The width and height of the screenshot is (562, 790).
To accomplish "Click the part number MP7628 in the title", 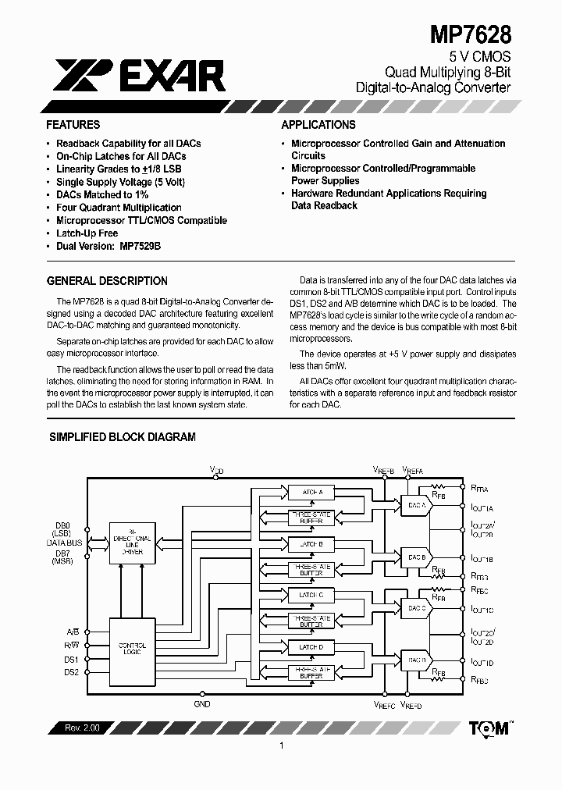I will [471, 34].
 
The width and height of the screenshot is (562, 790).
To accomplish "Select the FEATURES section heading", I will [73, 125].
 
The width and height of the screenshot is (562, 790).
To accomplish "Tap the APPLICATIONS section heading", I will [318, 125].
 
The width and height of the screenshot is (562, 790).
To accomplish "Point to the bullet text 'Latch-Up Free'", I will [87, 233].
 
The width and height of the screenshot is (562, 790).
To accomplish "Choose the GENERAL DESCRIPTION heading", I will [107, 281].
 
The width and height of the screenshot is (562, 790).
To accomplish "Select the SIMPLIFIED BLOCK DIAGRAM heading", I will [123, 437].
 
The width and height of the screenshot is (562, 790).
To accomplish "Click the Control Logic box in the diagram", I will [131, 649].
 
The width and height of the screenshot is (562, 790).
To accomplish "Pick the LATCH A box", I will [311, 492].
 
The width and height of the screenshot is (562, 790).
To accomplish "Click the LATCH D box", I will [311, 647].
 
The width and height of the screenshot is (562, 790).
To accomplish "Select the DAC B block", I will [416, 557].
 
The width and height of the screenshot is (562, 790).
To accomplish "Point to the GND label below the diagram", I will [203, 703].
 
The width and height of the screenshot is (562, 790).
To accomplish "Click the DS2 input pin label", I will [71, 672].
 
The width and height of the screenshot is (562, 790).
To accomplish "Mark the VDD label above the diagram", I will [217, 470].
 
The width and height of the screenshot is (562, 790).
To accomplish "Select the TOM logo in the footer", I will [489, 728].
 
